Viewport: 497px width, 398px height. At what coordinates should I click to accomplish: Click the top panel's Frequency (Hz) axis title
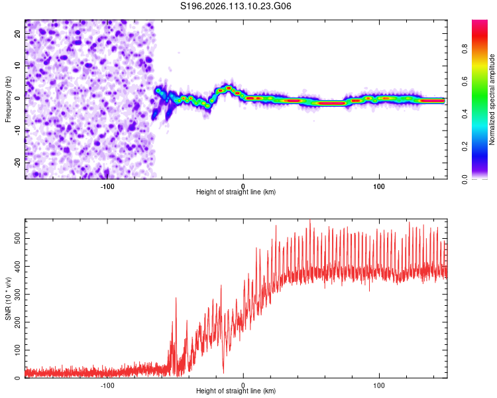click(x=8, y=99)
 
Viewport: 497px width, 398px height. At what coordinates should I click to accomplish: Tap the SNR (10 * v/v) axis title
click(x=8, y=298)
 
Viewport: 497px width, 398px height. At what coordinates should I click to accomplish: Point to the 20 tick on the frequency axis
click(x=17, y=35)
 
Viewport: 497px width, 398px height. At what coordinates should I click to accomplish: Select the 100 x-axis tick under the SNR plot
click(x=380, y=385)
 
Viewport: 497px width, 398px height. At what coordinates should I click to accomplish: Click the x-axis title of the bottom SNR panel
click(x=236, y=392)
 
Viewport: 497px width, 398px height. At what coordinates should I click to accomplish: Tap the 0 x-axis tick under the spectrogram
click(x=243, y=186)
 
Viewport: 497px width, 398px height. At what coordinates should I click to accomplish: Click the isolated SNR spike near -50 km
click(x=176, y=299)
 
